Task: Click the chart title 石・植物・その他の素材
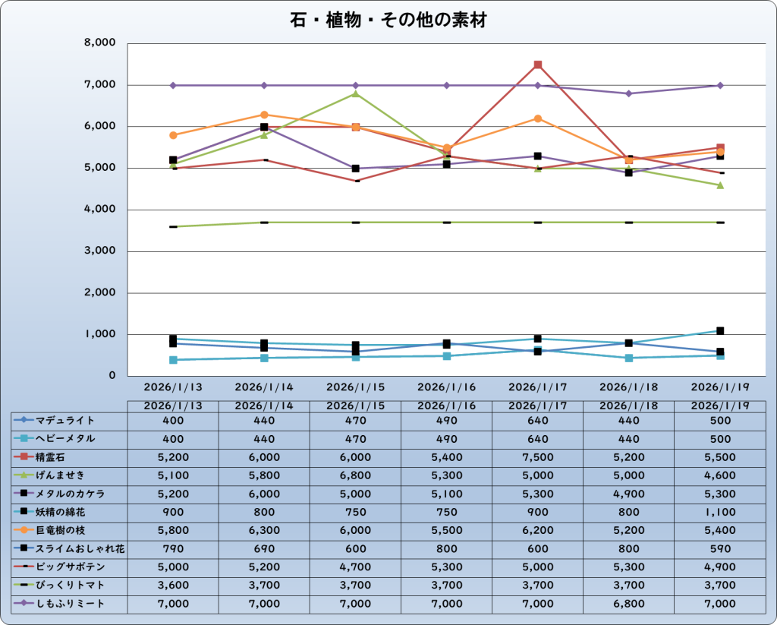(388, 21)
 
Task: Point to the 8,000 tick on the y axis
(100, 43)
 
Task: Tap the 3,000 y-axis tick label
(100, 251)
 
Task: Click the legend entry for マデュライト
(65, 420)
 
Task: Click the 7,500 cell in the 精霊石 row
(537, 457)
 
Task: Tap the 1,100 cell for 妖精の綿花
(719, 512)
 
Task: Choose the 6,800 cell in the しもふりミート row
(628, 604)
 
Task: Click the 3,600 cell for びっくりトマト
(173, 586)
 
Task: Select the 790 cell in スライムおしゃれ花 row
(173, 548)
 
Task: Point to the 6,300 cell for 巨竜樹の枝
(264, 530)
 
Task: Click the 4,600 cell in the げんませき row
(719, 475)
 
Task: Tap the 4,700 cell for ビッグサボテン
(355, 567)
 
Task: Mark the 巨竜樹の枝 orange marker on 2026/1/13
(173, 135)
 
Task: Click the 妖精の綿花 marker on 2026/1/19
(720, 331)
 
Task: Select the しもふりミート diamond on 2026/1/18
(629, 93)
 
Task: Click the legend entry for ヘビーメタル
(65, 439)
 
